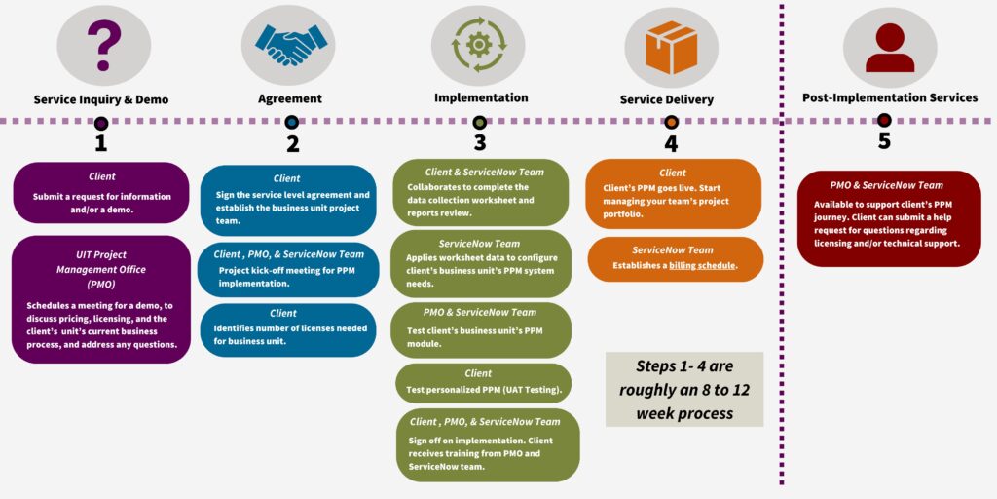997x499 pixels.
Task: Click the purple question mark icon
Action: pos(103,44)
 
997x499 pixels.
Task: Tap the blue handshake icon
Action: pos(291,45)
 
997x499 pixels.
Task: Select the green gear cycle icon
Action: pos(478,45)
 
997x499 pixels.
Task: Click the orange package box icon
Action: pos(671,47)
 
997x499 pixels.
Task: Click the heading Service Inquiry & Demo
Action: pos(101,99)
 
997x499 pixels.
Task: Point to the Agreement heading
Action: pos(290,98)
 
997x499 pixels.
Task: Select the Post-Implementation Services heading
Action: pos(890,97)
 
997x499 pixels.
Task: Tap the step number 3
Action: pos(479,143)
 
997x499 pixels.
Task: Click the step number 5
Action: pos(883,141)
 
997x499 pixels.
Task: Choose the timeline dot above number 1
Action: pos(101,123)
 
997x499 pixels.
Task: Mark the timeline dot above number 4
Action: pos(671,123)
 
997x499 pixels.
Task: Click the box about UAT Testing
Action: pos(483,382)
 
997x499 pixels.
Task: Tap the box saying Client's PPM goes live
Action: pos(673,193)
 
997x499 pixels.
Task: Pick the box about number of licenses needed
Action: pos(289,327)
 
